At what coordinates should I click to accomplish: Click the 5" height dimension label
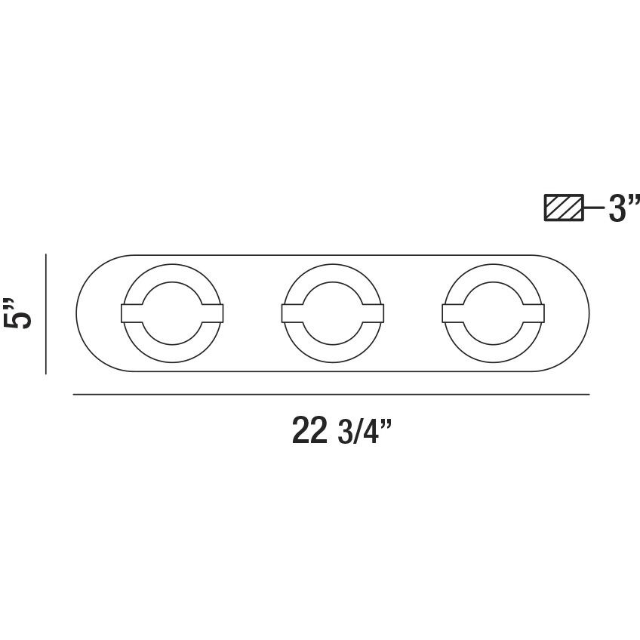[17, 312]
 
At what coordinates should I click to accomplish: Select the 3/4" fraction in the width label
[364, 432]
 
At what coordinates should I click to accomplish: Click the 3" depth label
[623, 208]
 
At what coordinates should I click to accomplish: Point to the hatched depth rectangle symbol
[564, 208]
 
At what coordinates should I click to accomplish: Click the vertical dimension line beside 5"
[46, 313]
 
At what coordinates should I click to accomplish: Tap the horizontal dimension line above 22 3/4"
[331, 394]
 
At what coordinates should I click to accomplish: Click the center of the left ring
[172, 313]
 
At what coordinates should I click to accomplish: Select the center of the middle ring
[333, 313]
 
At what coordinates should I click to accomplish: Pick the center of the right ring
[493, 313]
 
